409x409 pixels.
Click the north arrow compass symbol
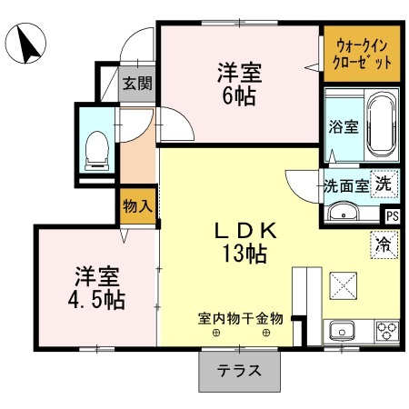click(25, 43)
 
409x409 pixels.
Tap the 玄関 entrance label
click(137, 84)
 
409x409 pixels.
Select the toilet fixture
click(97, 151)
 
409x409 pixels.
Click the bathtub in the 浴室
click(382, 125)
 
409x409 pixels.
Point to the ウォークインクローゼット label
click(362, 55)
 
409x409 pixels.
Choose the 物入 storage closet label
click(137, 206)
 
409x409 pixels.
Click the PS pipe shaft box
click(393, 216)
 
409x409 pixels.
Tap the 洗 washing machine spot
click(384, 184)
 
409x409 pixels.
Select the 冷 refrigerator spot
click(384, 244)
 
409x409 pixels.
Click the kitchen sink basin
click(342, 332)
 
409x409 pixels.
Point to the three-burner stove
click(387, 331)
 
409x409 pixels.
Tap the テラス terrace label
click(239, 371)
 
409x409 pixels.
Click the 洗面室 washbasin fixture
click(344, 212)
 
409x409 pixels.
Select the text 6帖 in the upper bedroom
click(239, 96)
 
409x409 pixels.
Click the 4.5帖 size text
click(96, 300)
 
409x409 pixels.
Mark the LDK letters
click(245, 231)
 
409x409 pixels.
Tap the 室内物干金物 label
click(241, 319)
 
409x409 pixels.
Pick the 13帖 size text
click(245, 254)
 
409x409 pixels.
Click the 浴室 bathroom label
click(344, 126)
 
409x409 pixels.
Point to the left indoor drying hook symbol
click(216, 334)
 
